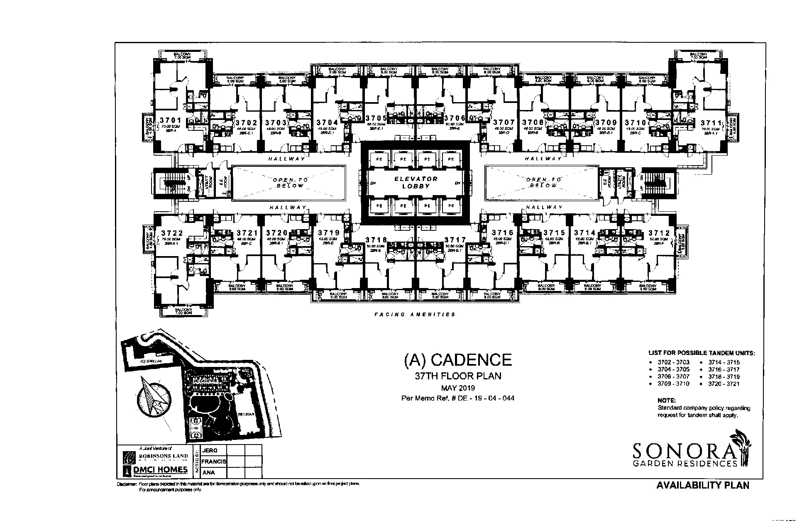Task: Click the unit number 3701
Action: pyautogui.click(x=170, y=120)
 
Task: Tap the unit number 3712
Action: pyautogui.click(x=659, y=233)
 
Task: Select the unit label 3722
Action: pyautogui.click(x=172, y=233)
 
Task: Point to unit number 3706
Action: pyautogui.click(x=455, y=118)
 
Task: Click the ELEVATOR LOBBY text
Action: pyautogui.click(x=416, y=183)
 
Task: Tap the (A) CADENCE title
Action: pyautogui.click(x=458, y=360)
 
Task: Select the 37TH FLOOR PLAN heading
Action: pyautogui.click(x=458, y=376)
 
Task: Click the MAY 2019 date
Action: pyautogui.click(x=458, y=388)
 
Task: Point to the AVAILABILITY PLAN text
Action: pyautogui.click(x=703, y=485)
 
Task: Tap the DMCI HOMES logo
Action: pyautogui.click(x=156, y=470)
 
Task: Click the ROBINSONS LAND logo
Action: pyautogui.click(x=156, y=457)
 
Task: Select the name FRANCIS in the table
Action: pyautogui.click(x=214, y=462)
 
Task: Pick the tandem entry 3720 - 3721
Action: pyautogui.click(x=724, y=384)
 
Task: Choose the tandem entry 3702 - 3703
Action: pyautogui.click(x=673, y=362)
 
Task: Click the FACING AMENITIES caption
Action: pyautogui.click(x=415, y=315)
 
